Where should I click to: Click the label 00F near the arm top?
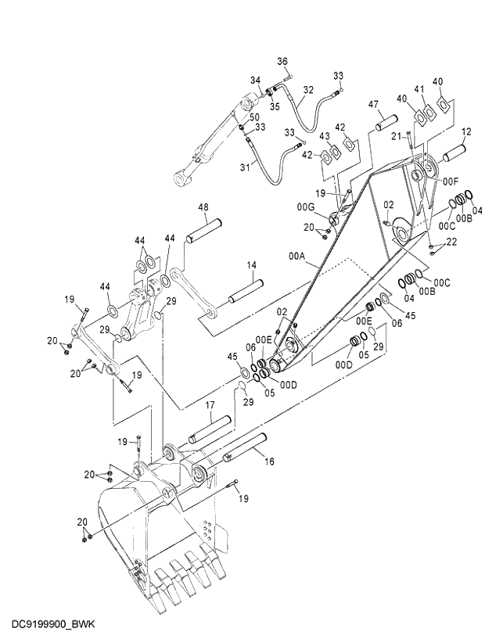[451, 181]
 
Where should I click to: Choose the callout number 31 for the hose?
[244, 167]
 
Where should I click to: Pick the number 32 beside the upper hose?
[308, 89]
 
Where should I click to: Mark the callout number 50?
[254, 117]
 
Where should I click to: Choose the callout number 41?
[420, 89]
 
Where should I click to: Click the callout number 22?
[451, 243]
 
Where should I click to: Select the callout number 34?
[255, 80]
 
